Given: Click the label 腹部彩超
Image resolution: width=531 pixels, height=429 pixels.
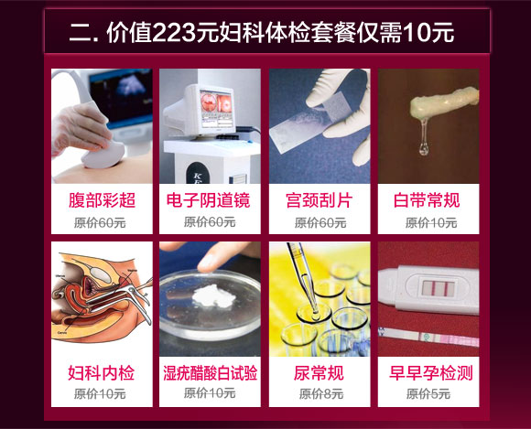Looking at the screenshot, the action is (x=102, y=200).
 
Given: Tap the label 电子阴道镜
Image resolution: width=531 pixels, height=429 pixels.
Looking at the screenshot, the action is (x=208, y=200).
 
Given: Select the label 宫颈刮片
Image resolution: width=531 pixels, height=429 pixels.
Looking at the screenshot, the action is (x=319, y=200).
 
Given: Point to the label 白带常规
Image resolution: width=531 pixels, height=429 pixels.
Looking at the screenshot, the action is (x=427, y=200).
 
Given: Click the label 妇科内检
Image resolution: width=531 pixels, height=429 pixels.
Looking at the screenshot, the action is (x=102, y=373).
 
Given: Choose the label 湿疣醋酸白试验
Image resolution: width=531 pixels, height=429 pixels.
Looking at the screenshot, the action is (x=211, y=373).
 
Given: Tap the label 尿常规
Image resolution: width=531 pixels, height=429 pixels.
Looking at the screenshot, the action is (x=319, y=373).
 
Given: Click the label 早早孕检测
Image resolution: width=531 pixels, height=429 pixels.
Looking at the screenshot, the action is (x=431, y=373).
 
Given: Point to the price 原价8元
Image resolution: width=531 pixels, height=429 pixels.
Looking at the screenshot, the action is (x=321, y=394).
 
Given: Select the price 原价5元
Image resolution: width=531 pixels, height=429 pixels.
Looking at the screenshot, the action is (x=428, y=394).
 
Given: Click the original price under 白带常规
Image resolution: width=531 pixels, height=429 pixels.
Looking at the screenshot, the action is (x=431, y=222).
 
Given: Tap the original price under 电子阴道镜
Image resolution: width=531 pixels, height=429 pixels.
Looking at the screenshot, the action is (x=210, y=222).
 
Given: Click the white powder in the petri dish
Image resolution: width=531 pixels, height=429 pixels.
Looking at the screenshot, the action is (x=213, y=295).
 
